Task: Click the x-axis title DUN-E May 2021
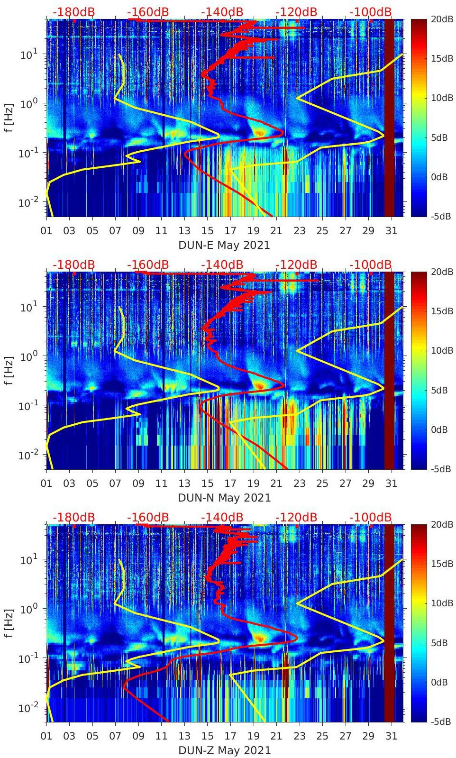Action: coord(224,245)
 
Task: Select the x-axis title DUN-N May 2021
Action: coord(224,498)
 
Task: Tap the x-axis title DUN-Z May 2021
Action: coord(224,750)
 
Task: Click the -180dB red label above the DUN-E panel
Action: coord(73,12)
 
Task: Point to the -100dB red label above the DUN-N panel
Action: coord(371,265)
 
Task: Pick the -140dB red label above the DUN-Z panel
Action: coord(222,517)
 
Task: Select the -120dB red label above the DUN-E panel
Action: coord(296,12)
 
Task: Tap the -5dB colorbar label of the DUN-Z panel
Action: coord(440,721)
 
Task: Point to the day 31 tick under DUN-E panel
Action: coord(391,231)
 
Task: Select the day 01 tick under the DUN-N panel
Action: coord(47,484)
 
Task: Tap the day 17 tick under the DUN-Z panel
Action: coord(230,736)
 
